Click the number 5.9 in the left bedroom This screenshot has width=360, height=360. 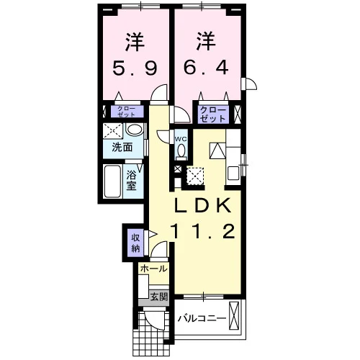[135, 68]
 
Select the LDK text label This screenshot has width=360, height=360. [203, 205]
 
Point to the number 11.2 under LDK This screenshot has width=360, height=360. [203, 231]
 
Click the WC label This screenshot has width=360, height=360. [181, 139]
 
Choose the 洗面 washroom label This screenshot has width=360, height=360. [122, 147]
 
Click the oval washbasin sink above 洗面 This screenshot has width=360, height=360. [135, 130]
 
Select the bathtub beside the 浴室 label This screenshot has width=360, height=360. [112, 181]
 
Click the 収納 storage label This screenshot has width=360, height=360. [135, 243]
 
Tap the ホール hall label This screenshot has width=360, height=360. [154, 269]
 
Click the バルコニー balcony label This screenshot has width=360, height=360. [202, 318]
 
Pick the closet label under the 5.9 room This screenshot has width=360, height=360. [127, 112]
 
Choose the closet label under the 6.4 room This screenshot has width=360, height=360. [213, 114]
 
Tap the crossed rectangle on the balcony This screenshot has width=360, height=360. [235, 316]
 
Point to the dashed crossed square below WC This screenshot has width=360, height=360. [195, 176]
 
